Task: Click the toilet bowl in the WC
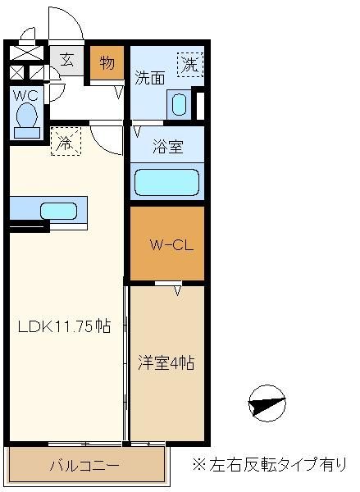[x=27, y=119]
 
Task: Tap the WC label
[x=25, y=95]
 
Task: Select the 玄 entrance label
[x=67, y=60]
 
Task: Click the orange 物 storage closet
[x=107, y=63]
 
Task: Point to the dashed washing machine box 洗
[x=190, y=64]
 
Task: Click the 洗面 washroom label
[x=150, y=78]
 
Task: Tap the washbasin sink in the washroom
[x=180, y=104]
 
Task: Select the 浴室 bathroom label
[x=168, y=146]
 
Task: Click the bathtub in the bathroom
[x=166, y=182]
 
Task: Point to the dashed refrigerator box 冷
[x=66, y=141]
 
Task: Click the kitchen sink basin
[x=59, y=211]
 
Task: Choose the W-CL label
[x=171, y=245]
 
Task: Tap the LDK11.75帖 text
[x=64, y=326]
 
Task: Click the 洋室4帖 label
[x=166, y=362]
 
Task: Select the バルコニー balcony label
[x=84, y=466]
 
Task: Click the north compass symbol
[x=267, y=403]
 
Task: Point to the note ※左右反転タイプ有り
[x=270, y=464]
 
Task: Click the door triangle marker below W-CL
[x=178, y=290]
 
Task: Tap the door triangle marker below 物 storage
[x=119, y=92]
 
